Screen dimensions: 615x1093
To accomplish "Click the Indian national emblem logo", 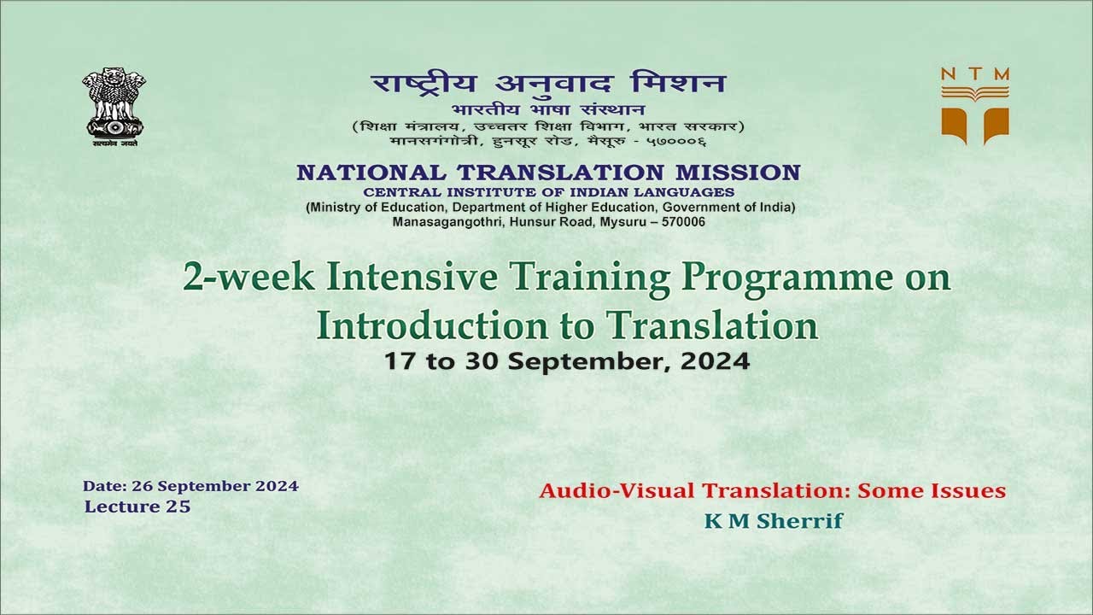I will click(114, 107).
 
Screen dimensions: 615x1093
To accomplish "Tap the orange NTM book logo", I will click(975, 105).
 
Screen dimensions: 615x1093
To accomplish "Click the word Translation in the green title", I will click(712, 325).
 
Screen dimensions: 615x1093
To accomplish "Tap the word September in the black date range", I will click(582, 360).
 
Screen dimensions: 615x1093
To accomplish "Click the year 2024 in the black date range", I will click(715, 360).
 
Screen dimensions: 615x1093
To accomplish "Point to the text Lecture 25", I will click(137, 507).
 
